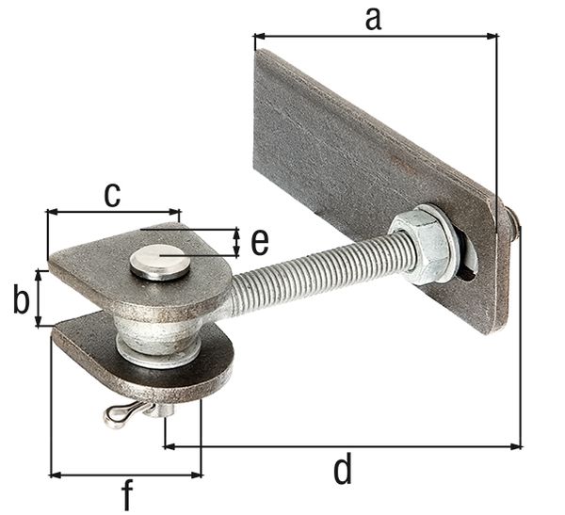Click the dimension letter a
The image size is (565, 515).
click(374, 17)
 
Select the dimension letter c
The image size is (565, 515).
click(112, 194)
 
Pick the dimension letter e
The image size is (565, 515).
click(259, 242)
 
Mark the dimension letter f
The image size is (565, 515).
click(127, 495)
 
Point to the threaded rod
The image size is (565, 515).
click(311, 268)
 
